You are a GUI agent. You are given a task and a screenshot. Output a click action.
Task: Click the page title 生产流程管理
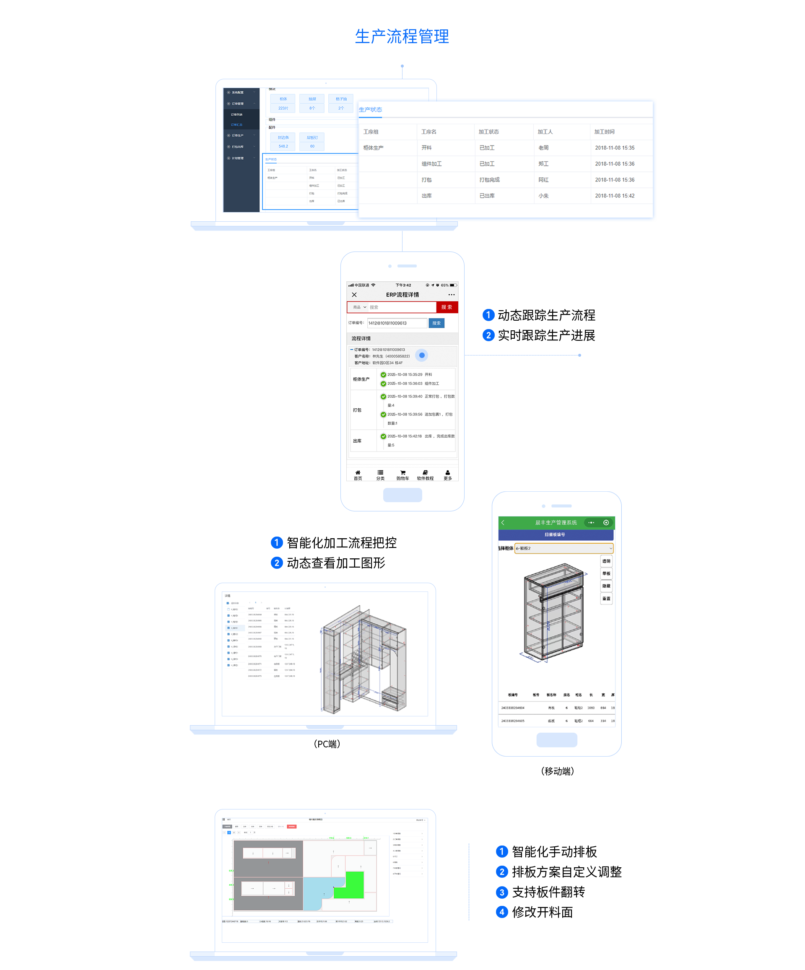coord(402,36)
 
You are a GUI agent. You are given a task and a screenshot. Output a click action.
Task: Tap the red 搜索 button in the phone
coord(447,307)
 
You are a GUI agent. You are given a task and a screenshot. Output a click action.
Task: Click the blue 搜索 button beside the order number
coord(436,323)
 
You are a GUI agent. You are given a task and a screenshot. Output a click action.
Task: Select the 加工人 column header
coord(545,132)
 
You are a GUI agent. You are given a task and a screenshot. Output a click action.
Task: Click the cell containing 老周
coord(543,148)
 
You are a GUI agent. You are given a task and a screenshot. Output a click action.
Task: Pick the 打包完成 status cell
coord(489,180)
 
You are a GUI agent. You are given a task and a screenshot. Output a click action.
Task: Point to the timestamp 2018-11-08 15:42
coord(615,196)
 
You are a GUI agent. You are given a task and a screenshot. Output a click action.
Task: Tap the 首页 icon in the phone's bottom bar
coord(358,475)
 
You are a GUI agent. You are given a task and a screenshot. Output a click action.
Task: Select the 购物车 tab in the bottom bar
coord(402,475)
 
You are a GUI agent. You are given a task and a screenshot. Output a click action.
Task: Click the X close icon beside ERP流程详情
coord(354,295)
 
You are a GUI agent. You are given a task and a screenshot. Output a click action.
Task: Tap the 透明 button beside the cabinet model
coord(606,561)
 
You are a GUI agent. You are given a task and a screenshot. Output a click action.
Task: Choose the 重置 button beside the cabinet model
coord(606,599)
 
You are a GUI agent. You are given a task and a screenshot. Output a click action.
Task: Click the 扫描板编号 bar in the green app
coord(556,535)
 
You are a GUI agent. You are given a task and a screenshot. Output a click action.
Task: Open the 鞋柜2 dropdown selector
coord(563,548)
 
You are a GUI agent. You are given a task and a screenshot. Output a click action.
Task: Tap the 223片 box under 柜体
coord(283,109)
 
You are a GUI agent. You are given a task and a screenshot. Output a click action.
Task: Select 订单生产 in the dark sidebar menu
coord(238,136)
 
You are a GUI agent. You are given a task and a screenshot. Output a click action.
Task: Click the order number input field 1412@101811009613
coord(397,323)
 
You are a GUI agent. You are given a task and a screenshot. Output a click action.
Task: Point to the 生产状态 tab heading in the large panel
coord(371,110)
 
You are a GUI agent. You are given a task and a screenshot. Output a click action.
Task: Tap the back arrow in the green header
coord(503,522)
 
